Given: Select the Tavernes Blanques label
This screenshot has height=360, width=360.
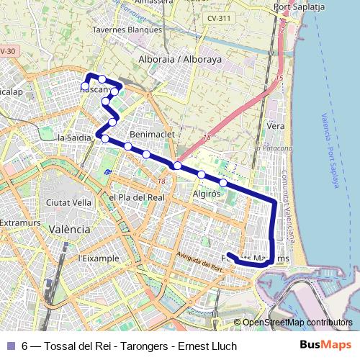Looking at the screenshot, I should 127,30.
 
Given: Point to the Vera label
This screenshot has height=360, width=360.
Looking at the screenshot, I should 275,125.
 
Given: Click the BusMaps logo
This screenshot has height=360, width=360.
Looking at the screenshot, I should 325,345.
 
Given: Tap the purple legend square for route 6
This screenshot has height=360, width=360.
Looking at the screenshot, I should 10,346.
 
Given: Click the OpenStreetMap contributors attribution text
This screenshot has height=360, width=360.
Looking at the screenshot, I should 297,323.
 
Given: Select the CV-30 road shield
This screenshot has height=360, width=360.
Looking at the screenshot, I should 7,51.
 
